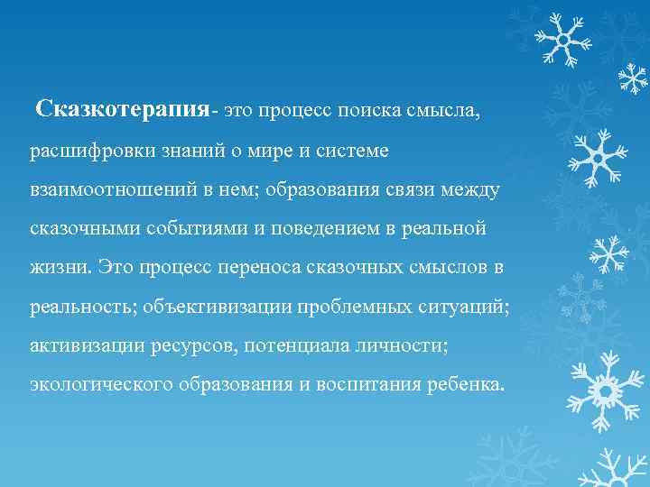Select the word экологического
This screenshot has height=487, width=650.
click(x=103, y=385)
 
